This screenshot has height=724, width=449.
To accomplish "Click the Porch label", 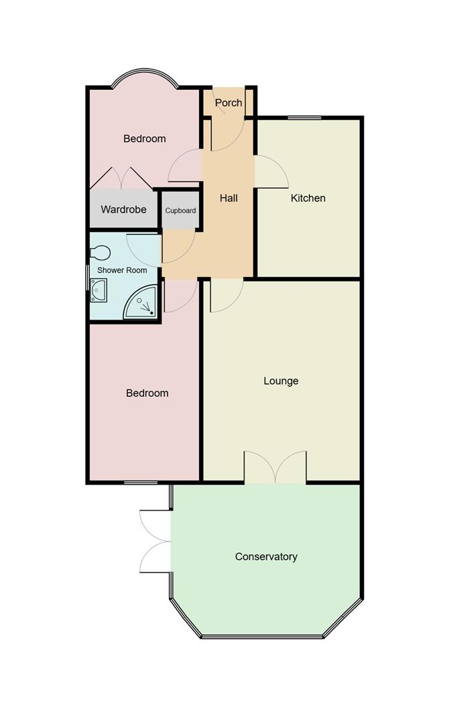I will pos(229,103).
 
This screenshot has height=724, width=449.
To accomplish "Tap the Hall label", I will pos(229,198).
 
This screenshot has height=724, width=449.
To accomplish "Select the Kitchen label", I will pos(308,198).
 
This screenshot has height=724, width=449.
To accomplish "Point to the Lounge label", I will pos(281,381).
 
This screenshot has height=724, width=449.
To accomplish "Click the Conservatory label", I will pos(266,557).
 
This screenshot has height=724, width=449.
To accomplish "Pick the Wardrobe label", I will pos(123,210).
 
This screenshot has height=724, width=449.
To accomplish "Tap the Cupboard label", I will pos(181,210).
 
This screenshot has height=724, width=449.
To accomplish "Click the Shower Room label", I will pos(122,270).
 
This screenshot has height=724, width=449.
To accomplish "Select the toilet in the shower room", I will pos(100,253).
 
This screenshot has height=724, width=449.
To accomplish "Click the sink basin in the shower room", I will pos(99,290).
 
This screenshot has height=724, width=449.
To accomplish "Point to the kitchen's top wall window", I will pos(304,118).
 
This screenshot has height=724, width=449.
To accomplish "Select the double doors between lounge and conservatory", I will pos(275,467).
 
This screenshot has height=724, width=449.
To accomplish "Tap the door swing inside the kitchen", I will pos(272,172).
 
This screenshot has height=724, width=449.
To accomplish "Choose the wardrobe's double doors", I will pos(121,177).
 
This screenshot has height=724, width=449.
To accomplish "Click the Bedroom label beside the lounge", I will pos(147,394).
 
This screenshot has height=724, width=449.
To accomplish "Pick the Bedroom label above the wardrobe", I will pos(145,139).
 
